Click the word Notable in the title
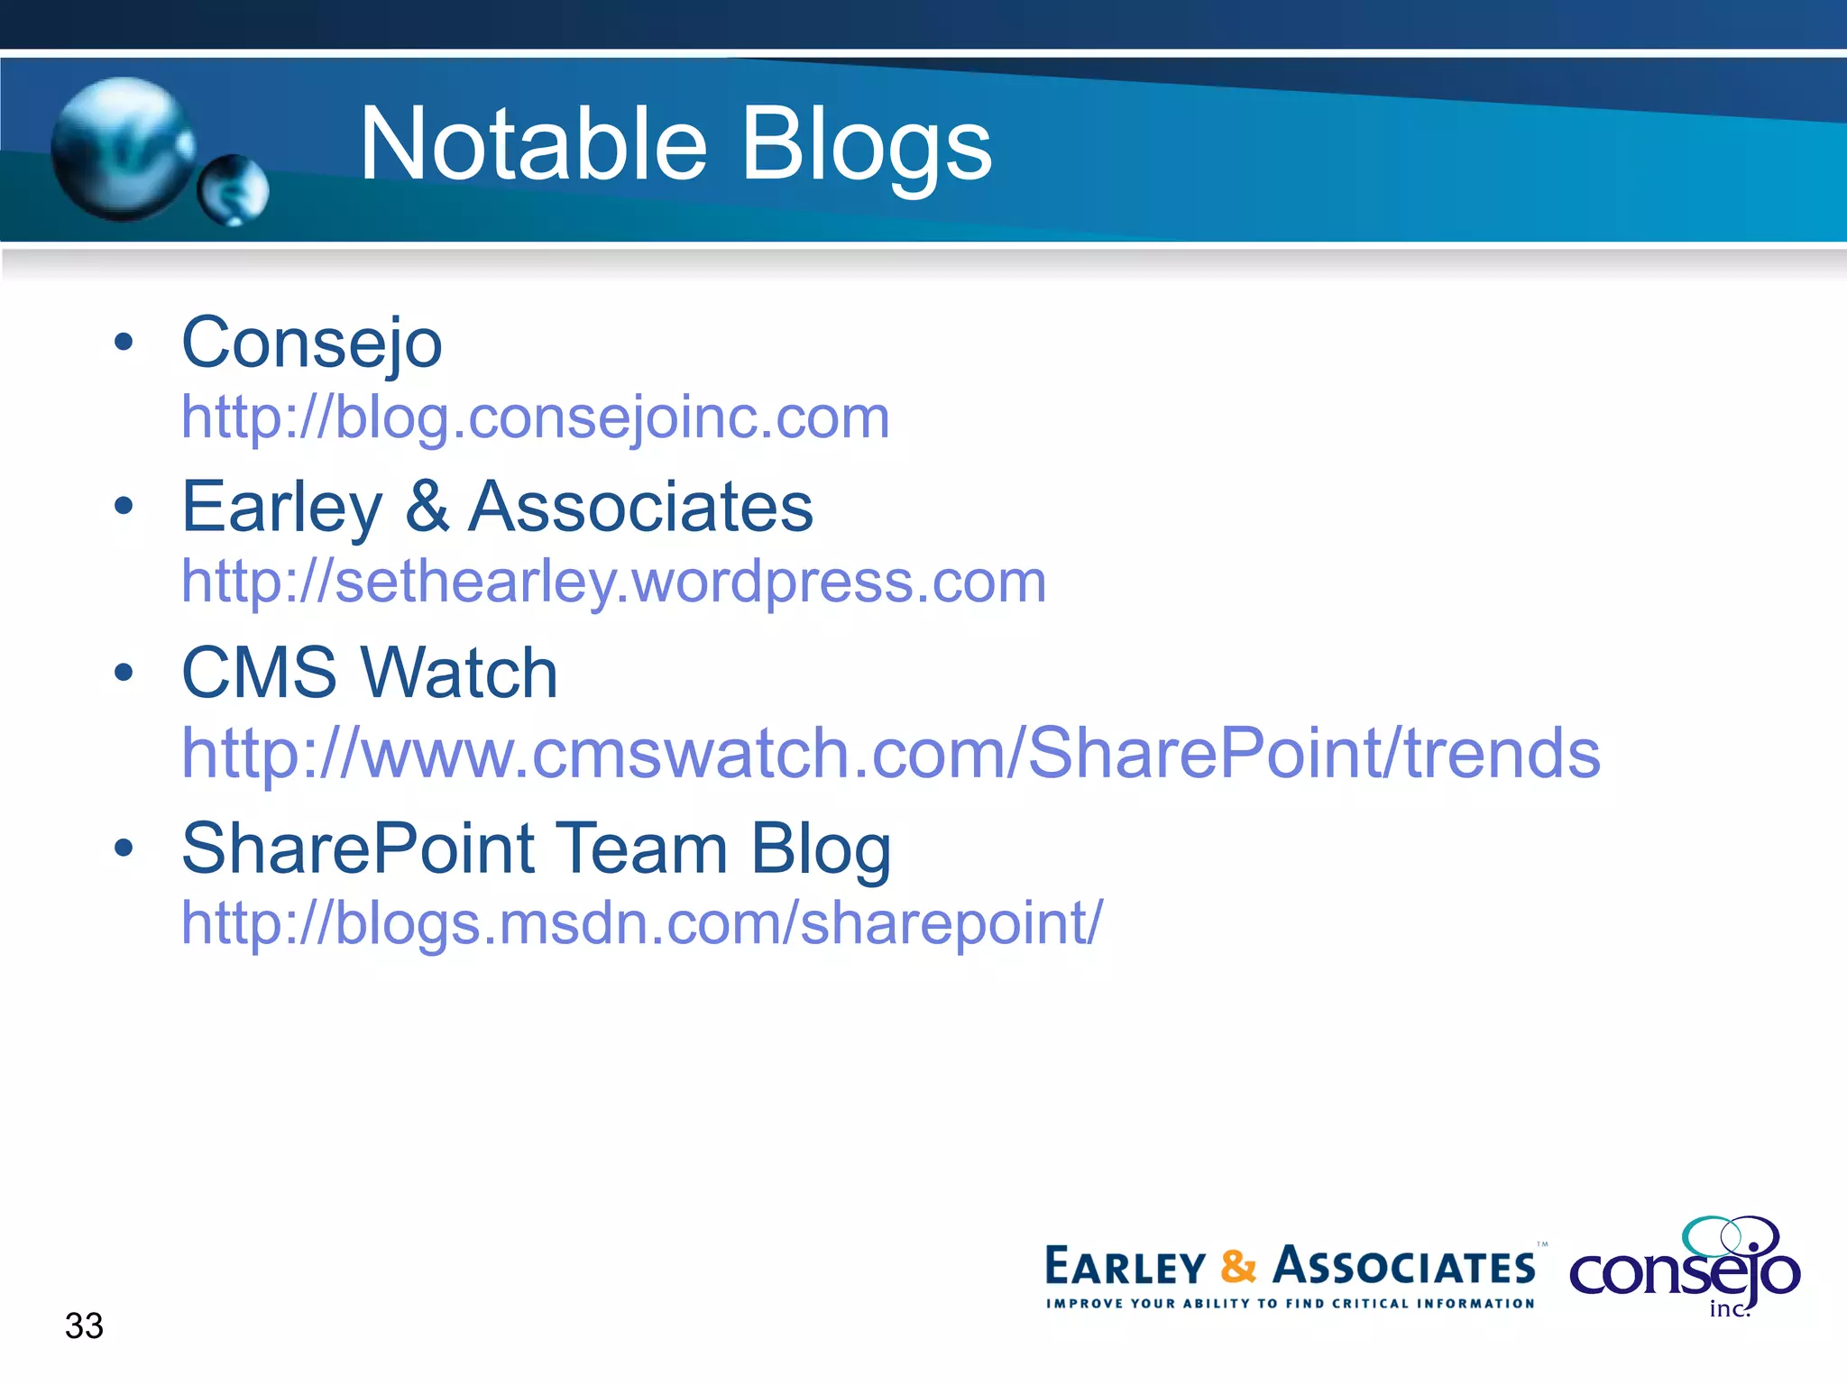click(532, 144)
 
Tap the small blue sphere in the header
click(234, 189)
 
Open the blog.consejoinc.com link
click(535, 417)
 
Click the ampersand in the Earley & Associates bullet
click(427, 507)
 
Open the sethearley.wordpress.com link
click(613, 582)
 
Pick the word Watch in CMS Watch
click(459, 674)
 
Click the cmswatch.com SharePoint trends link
click(890, 753)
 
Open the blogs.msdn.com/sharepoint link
click(641, 923)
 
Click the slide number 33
click(84, 1325)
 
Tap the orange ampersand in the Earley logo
click(1238, 1266)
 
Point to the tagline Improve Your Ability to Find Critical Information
click(1290, 1303)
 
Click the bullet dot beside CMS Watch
click(124, 672)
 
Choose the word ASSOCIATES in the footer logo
click(1403, 1266)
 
